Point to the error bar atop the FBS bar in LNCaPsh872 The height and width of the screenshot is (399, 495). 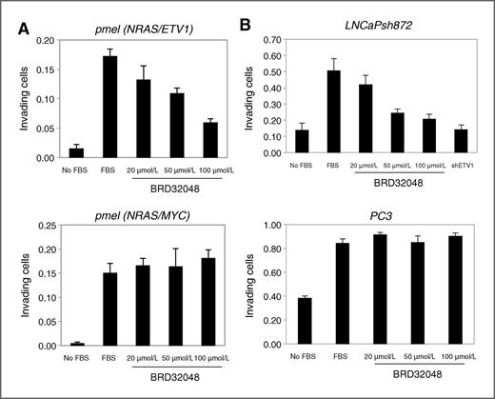tap(332, 65)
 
